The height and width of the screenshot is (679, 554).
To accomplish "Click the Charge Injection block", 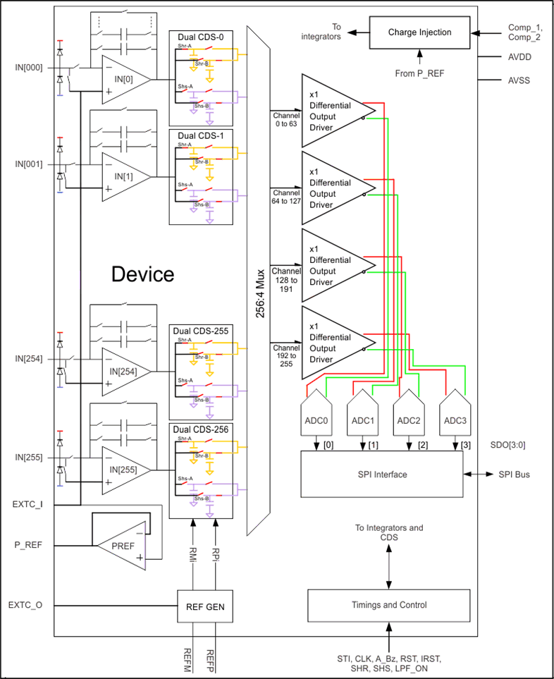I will coord(419,32).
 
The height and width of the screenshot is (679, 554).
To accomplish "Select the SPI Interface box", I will coord(381,475).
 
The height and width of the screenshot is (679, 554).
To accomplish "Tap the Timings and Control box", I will coord(388,604).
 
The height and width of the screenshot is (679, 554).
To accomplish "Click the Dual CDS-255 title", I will coord(204,331).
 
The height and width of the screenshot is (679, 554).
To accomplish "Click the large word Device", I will coord(142,274).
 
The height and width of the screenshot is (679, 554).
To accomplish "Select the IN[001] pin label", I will coord(29,164).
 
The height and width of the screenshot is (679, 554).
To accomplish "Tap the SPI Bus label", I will coord(514,475).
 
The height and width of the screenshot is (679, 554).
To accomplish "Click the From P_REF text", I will coord(419,73).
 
